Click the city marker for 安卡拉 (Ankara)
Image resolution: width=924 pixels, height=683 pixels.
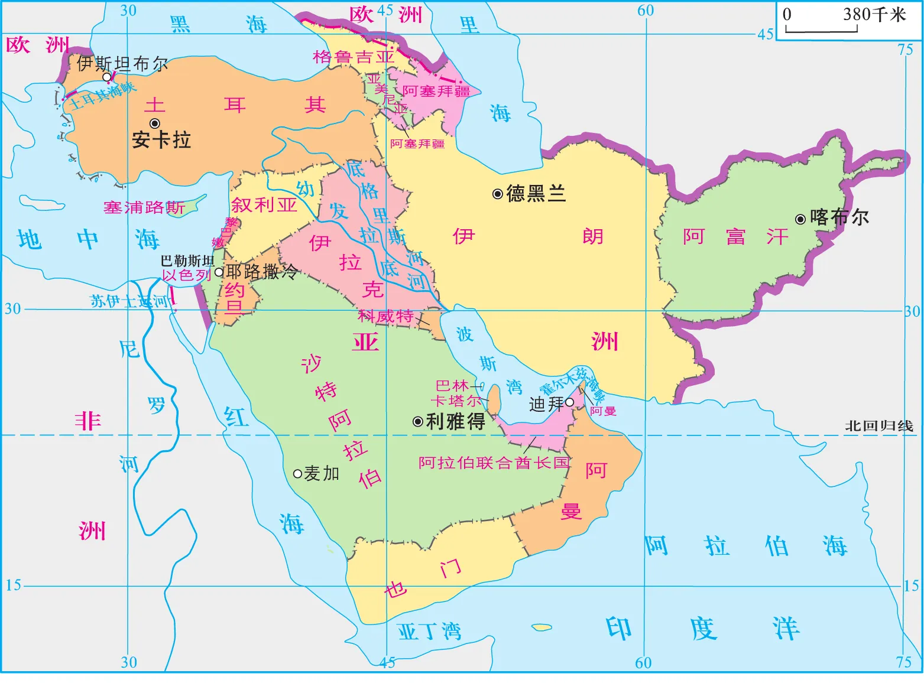(x=155, y=123)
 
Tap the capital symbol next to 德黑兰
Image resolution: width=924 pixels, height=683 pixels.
(x=498, y=193)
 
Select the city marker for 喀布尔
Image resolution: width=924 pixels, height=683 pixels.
(x=800, y=219)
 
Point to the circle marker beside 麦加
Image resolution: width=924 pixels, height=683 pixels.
(x=298, y=473)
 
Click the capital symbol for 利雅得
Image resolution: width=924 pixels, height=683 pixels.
(x=417, y=421)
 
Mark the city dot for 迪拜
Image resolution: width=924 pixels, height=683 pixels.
(x=569, y=402)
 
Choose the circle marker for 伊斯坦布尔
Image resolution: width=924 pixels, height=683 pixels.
(x=107, y=77)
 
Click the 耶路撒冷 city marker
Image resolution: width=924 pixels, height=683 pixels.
(x=219, y=272)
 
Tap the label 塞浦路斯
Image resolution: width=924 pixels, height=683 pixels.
(x=144, y=207)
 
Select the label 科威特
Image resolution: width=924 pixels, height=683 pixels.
(x=385, y=316)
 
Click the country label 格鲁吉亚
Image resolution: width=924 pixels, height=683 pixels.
(x=354, y=57)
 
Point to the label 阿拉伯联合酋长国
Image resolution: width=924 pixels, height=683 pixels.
(x=494, y=463)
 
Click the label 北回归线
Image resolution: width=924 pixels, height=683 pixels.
(x=878, y=426)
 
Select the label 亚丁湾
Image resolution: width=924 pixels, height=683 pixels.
(x=429, y=632)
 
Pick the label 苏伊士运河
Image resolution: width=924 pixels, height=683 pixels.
(x=130, y=301)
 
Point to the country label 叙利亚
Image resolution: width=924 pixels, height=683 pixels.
(x=264, y=205)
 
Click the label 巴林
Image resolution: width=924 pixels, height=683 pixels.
(x=452, y=386)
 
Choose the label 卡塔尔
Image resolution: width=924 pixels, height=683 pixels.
(x=456, y=401)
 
